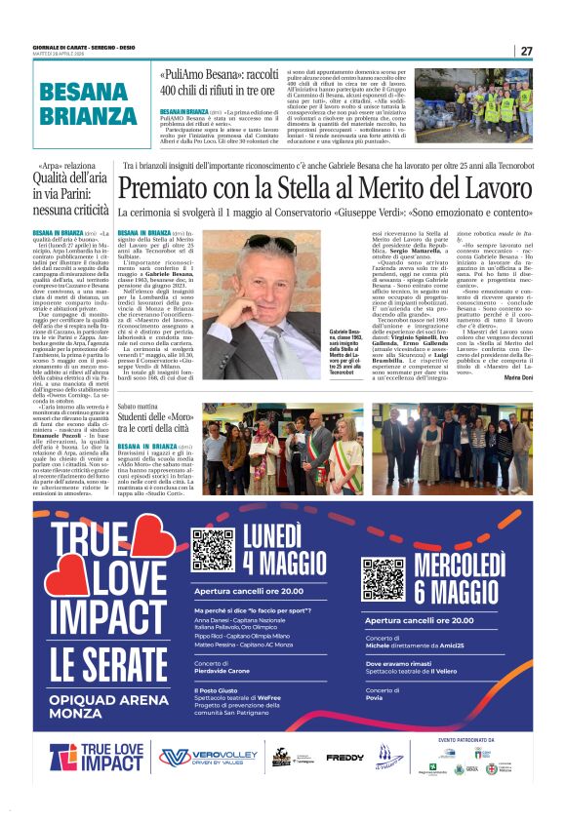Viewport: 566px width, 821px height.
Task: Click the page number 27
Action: tap(526, 51)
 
